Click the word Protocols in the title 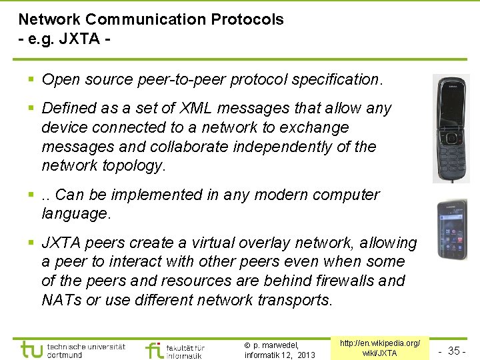click(247, 19)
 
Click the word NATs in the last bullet click(62, 300)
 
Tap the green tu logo click(31, 349)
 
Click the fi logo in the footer click(154, 349)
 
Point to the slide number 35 click(454, 351)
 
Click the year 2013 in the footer click(306, 355)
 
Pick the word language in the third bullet click(74, 214)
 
